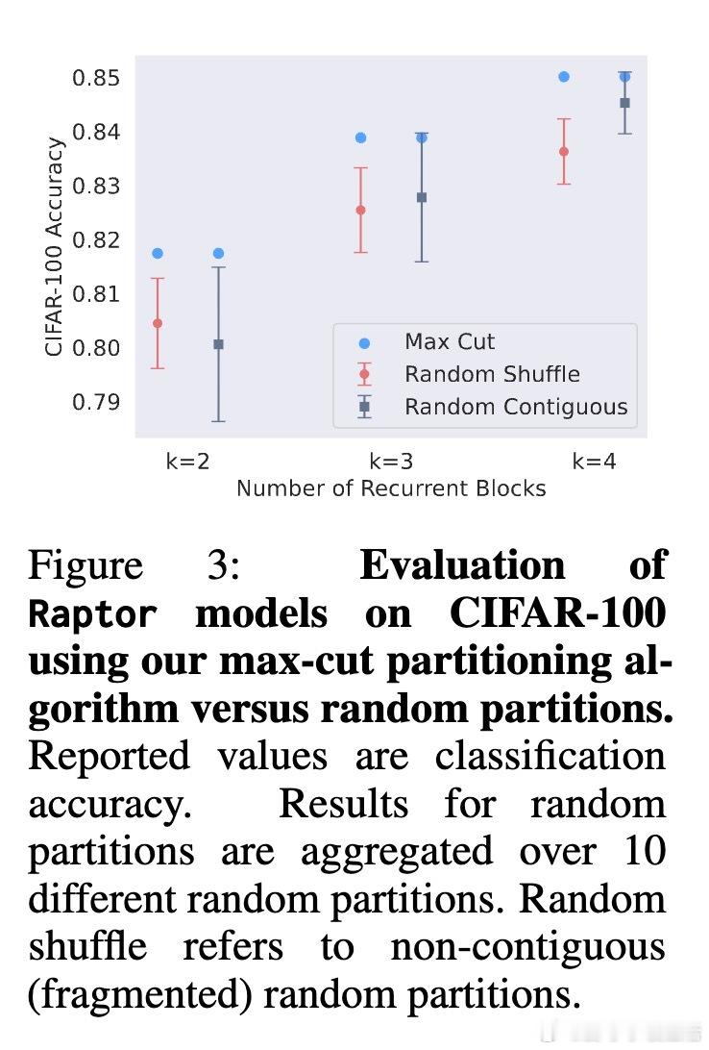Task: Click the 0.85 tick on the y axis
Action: [96, 77]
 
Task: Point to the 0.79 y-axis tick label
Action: [96, 401]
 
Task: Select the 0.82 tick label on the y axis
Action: [96, 239]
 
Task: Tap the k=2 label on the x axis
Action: [187, 461]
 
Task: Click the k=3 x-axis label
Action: [391, 461]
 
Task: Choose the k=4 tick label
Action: [594, 461]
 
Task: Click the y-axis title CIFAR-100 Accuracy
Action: [55, 247]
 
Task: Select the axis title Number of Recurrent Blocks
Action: [391, 488]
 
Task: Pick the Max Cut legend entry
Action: [450, 341]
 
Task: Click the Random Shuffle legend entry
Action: [492, 374]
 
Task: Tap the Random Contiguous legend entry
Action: [516, 407]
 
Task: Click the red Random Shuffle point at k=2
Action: [158, 323]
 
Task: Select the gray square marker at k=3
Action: [421, 197]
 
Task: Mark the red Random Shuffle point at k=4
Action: [564, 151]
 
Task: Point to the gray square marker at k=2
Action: [218, 344]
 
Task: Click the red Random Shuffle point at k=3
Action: [360, 210]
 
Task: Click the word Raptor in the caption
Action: [92, 613]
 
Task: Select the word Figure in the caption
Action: [86, 565]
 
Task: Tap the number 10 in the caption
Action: [643, 851]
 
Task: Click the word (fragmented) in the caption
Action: [139, 993]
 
